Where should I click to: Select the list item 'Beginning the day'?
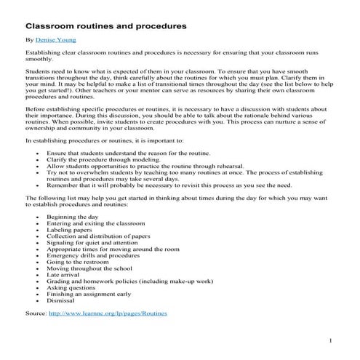click(72, 217)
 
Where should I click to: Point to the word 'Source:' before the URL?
click(35, 313)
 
